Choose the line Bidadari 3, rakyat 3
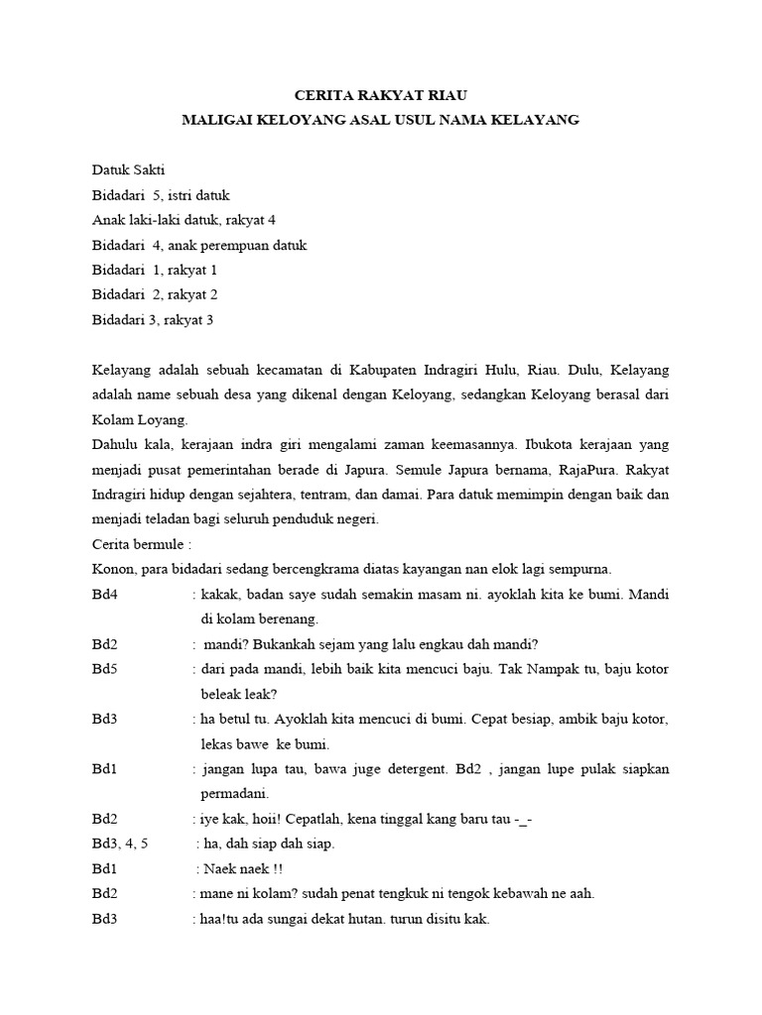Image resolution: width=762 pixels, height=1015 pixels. pyautogui.click(x=153, y=319)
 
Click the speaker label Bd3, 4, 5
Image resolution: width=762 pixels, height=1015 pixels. pyautogui.click(x=120, y=844)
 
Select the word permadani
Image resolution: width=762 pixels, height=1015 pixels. pyautogui.click(x=233, y=793)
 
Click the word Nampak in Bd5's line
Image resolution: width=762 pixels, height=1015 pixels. pyautogui.click(x=529, y=669)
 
